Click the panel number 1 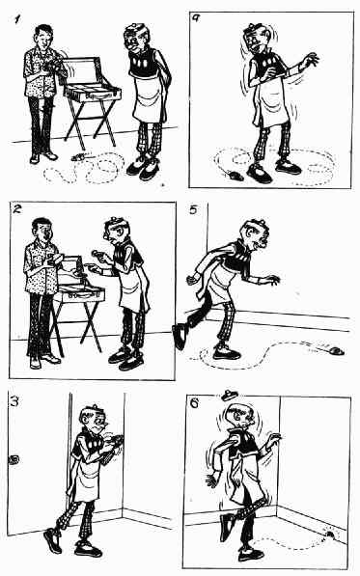[16, 19]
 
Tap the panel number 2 [17, 210]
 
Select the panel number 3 [14, 401]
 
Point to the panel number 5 [193, 210]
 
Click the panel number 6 [194, 403]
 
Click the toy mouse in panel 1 [79, 157]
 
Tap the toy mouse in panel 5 [335, 351]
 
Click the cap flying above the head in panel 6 [230, 396]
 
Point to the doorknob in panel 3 [14, 459]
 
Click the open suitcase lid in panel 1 [81, 69]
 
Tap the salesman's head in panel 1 [44, 36]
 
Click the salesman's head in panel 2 [42, 231]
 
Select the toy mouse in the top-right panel [234, 176]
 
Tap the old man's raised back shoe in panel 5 [180, 336]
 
